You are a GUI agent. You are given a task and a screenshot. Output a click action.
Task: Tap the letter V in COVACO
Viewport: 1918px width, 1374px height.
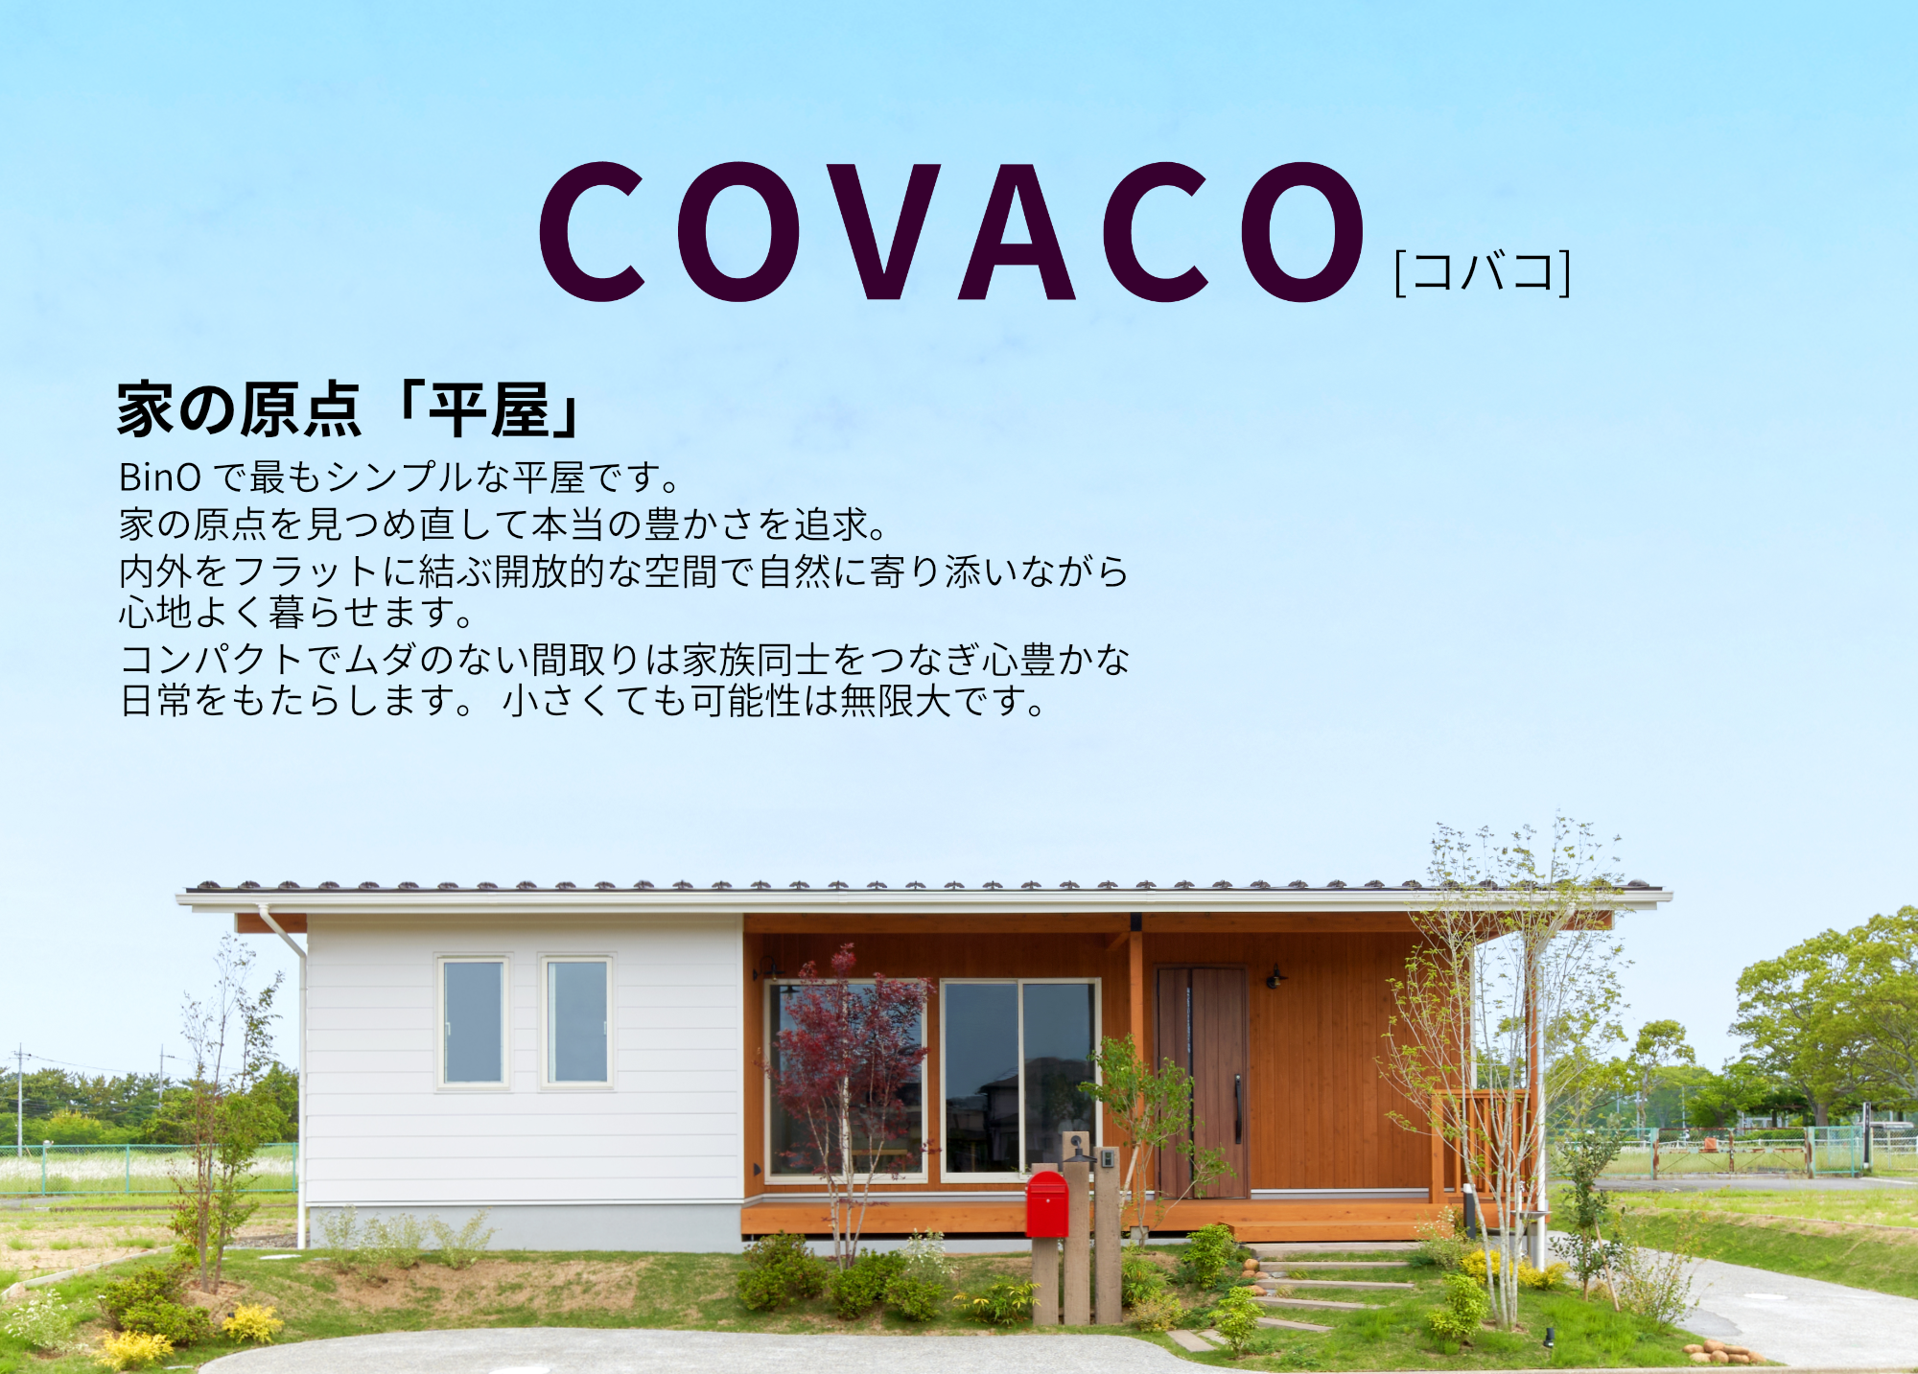[882, 232]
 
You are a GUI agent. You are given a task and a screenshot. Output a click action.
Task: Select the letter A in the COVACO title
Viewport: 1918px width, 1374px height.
[1017, 232]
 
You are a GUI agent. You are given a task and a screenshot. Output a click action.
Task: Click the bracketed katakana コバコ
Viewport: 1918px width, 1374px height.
[1483, 272]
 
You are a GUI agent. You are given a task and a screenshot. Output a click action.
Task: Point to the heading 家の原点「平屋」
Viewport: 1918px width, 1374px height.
[349, 409]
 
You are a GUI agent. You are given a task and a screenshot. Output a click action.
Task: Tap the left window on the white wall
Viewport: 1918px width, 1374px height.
[473, 1022]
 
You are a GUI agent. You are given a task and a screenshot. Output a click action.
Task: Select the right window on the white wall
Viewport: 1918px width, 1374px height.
[576, 1022]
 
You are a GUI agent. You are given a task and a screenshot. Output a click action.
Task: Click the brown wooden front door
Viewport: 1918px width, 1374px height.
[1202, 1082]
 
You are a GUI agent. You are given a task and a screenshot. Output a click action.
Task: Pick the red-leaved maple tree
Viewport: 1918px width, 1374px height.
[844, 1045]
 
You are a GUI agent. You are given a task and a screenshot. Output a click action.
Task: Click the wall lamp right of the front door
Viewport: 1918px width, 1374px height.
[1275, 977]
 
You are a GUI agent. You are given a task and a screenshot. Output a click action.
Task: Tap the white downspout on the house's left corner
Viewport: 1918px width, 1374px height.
[301, 1074]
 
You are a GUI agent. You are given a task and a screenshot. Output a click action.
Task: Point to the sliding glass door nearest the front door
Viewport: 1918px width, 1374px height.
[1018, 1078]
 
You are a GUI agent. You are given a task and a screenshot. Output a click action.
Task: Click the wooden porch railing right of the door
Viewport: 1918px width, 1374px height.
[1482, 1141]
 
